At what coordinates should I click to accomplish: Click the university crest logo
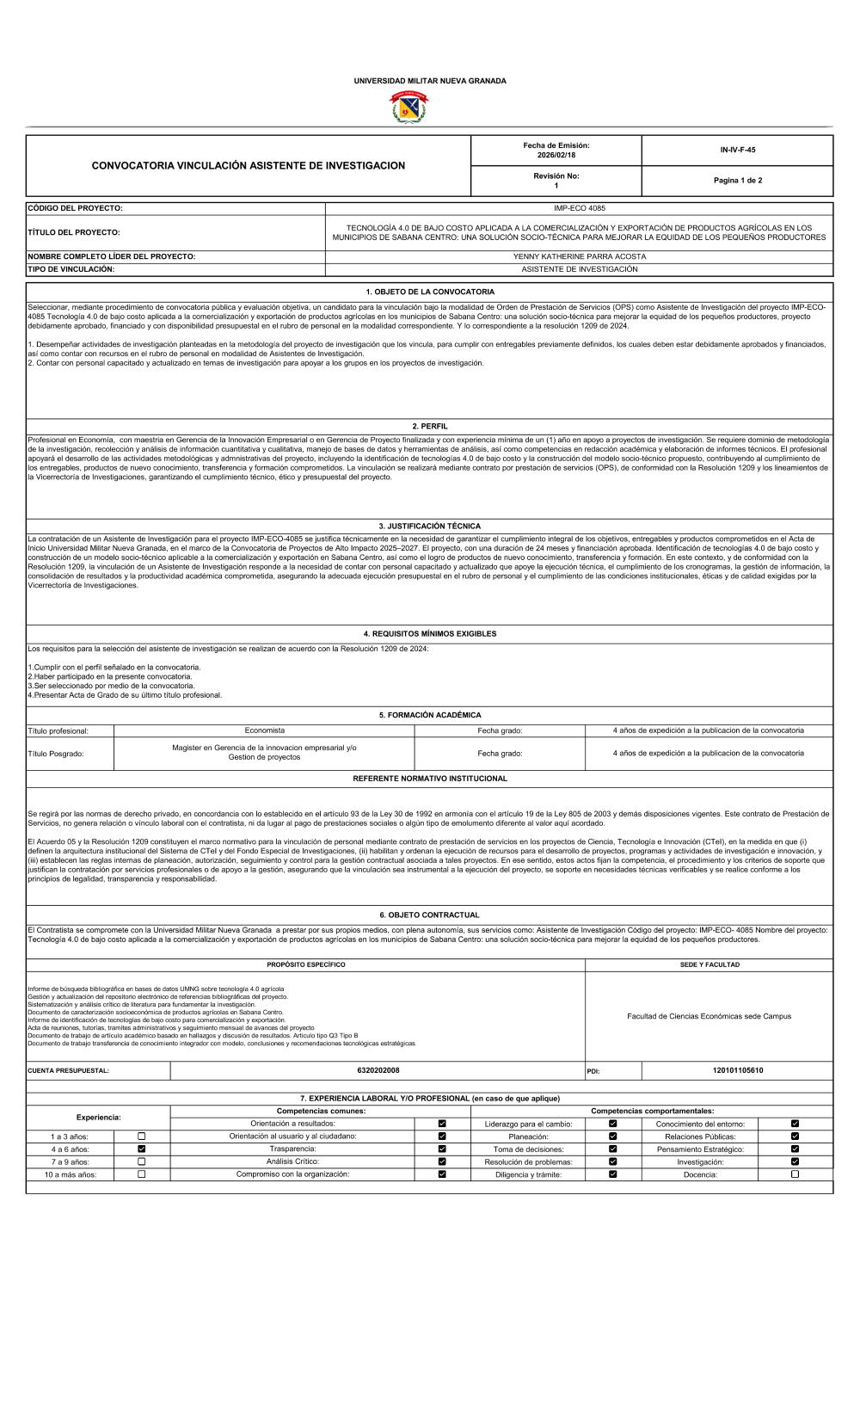410,108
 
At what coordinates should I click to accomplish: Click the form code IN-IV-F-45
737,150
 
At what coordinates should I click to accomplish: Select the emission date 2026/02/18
556,155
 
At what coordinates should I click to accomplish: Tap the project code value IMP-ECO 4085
580,208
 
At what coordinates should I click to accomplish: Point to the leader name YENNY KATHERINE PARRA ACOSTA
580,256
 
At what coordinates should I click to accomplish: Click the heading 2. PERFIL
430,426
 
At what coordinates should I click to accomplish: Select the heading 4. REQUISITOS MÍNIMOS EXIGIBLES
430,634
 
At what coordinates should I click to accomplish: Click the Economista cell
264,730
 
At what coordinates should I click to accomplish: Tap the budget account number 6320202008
378,1070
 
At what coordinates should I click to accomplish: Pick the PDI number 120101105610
737,1070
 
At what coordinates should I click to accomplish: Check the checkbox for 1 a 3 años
142,1137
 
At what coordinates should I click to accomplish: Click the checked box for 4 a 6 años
142,1149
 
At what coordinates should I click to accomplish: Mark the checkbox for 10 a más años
142,1174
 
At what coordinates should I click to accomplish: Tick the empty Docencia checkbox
795,1174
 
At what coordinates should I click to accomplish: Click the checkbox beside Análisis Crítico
442,1161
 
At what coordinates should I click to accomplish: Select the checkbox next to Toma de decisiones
613,1149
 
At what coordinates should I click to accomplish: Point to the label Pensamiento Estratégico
700,1149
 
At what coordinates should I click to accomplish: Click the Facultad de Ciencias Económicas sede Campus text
709,1016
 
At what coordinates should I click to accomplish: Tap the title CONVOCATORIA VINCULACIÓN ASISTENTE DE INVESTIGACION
249,165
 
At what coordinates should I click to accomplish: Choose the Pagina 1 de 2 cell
737,181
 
